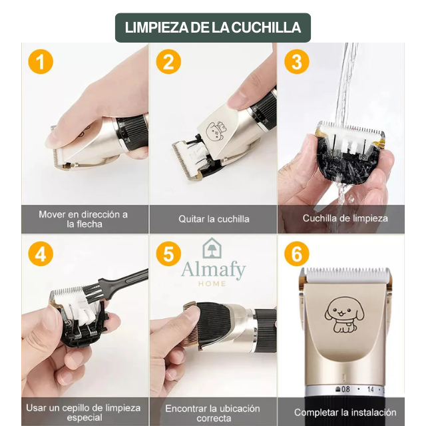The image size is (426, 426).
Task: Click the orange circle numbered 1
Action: point(41,61)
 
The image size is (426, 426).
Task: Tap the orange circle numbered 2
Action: point(168,61)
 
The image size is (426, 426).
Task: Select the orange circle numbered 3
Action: point(297,61)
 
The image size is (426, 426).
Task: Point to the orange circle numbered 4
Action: point(41,254)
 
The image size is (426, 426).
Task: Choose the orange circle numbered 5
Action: point(168,254)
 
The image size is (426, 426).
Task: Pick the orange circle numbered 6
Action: point(297,254)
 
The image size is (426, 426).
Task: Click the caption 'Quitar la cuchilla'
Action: point(214,219)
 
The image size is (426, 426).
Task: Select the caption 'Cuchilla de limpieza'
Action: point(345,218)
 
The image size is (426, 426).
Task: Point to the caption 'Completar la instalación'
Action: point(345,412)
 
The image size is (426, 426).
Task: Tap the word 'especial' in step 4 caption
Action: point(85,417)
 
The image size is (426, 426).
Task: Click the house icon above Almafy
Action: point(212,248)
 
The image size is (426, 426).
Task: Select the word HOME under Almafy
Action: point(212,284)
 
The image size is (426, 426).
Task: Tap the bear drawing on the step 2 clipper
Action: point(216,132)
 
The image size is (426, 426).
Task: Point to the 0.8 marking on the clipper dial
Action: point(343,389)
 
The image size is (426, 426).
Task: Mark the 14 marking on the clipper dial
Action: point(371,389)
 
